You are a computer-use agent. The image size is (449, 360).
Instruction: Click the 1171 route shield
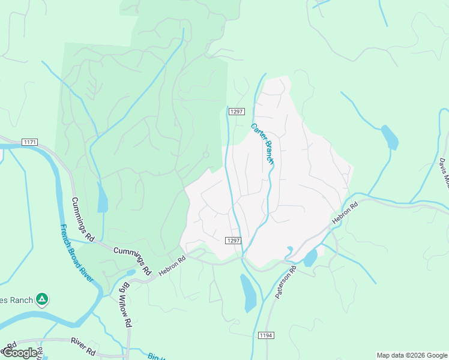tap(29, 142)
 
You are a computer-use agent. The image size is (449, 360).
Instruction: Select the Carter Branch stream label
tap(262, 144)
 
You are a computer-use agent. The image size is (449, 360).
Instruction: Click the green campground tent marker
tap(41, 298)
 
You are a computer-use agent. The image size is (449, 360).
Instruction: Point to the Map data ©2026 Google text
tap(412, 355)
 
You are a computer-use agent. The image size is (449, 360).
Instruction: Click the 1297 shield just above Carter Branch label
tap(237, 111)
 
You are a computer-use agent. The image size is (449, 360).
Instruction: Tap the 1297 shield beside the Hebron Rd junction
tap(234, 241)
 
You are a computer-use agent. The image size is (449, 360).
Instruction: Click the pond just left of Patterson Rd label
tap(310, 258)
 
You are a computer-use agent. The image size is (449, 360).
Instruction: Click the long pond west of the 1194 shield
tap(248, 293)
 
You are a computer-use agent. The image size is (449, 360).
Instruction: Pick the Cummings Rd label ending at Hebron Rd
tap(131, 259)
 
